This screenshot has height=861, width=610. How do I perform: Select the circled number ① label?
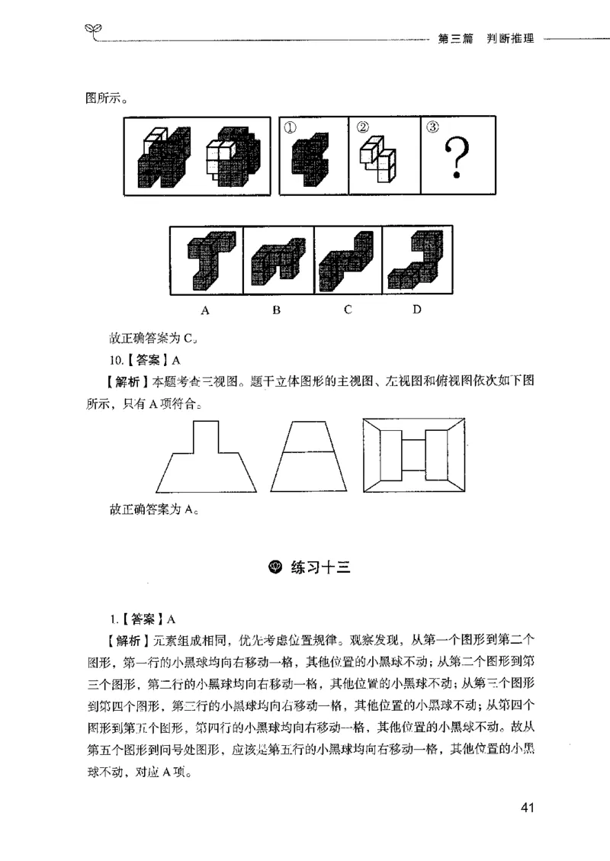point(290,128)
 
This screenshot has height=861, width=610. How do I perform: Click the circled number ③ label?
point(432,127)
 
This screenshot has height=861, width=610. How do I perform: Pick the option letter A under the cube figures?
point(205,310)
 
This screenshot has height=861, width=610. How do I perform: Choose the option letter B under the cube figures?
point(276,310)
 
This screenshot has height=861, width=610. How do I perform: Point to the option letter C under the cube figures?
point(347,310)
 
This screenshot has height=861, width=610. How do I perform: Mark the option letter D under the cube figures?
point(416,310)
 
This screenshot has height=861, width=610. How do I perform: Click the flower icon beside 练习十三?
point(276,567)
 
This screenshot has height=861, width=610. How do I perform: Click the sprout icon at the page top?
point(92,31)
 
